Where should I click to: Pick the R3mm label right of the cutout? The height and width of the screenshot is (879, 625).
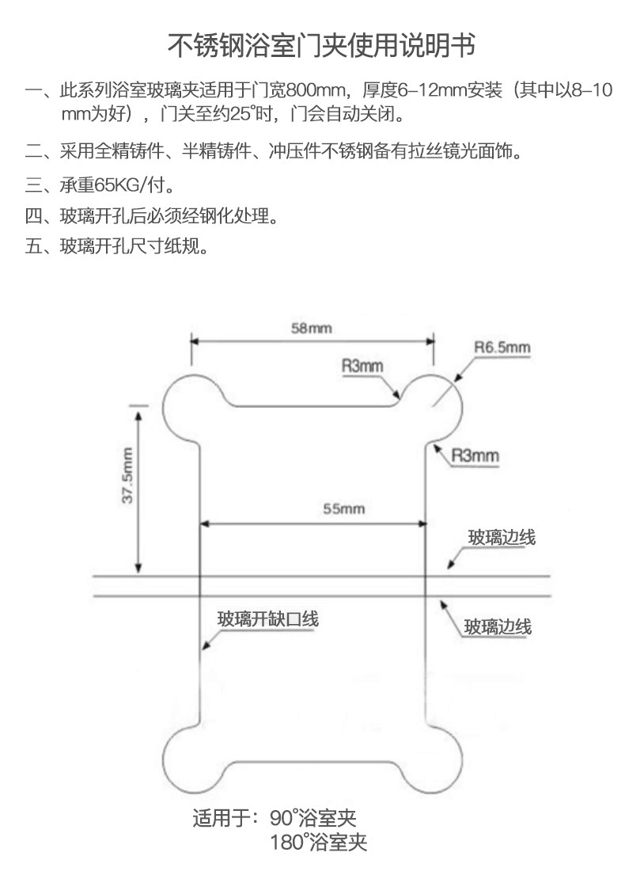(x=475, y=455)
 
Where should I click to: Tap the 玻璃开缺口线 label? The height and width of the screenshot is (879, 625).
(x=268, y=619)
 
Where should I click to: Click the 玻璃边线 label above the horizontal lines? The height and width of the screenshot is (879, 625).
(x=502, y=538)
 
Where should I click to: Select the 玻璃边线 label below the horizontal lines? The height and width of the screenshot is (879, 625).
(x=498, y=627)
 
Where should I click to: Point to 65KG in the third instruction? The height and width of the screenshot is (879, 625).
(x=116, y=186)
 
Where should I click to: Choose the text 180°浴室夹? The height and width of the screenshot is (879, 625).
(x=318, y=843)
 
